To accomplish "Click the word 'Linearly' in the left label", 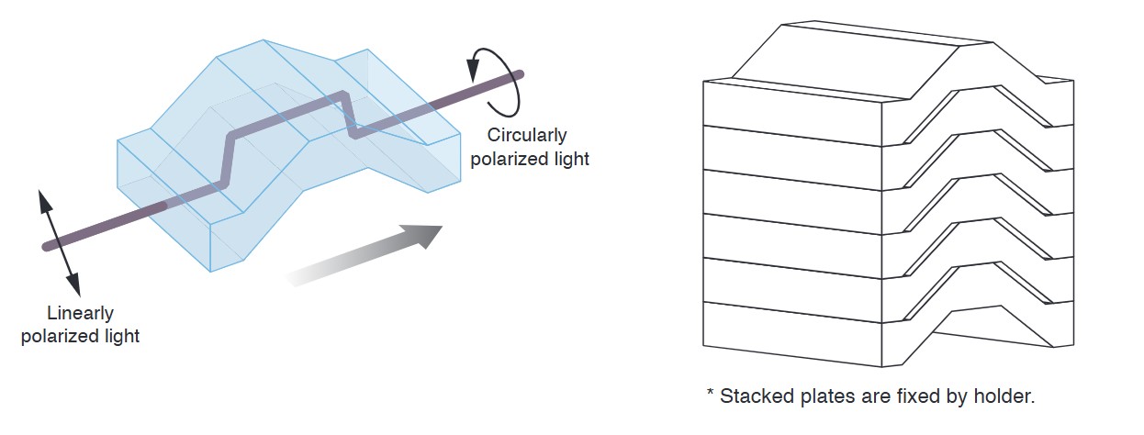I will (80, 314).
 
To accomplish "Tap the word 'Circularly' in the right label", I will (527, 136).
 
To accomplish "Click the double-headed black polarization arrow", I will (57, 234).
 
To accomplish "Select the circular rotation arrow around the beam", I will (496, 76).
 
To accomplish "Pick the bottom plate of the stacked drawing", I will (790, 329).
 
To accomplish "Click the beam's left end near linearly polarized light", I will (48, 246).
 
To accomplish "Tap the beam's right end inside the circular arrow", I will (519, 74).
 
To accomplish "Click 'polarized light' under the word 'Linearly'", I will (80, 336).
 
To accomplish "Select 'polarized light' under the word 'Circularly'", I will (529, 158).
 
